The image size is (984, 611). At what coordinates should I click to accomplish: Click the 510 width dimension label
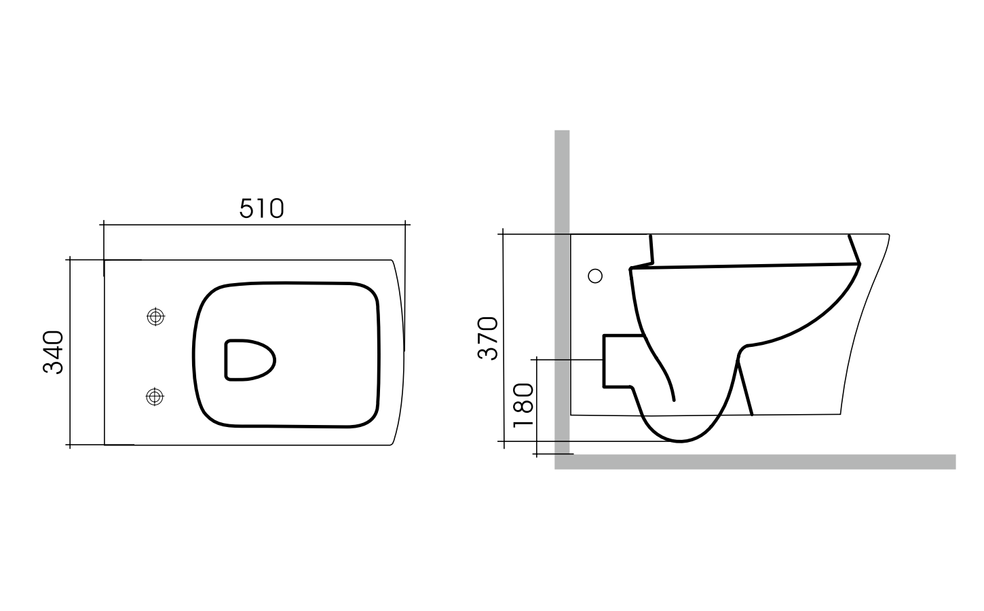pyautogui.click(x=261, y=208)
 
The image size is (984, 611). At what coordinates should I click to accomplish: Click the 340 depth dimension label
pyautogui.click(x=54, y=352)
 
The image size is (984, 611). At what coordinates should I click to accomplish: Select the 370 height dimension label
pyautogui.click(x=488, y=337)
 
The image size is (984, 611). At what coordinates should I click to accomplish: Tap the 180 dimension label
pyautogui.click(x=523, y=405)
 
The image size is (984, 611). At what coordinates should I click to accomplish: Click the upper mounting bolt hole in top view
pyautogui.click(x=156, y=316)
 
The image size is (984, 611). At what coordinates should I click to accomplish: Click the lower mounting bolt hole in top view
pyautogui.click(x=155, y=396)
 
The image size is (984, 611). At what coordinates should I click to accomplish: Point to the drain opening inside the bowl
pyautogui.click(x=249, y=359)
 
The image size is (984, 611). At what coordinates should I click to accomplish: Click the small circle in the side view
pyautogui.click(x=594, y=275)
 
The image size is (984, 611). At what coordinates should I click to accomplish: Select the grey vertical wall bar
pyautogui.click(x=562, y=292)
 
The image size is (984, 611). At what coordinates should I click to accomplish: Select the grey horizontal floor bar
pyautogui.click(x=753, y=462)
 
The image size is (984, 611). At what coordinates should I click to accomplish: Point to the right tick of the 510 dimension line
pyautogui.click(x=405, y=223)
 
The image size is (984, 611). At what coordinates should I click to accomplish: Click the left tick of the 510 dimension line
pyautogui.click(x=103, y=223)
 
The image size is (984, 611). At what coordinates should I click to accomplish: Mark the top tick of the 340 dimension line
pyautogui.click(x=70, y=259)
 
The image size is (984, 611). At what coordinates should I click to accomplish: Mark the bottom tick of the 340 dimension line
pyautogui.click(x=70, y=445)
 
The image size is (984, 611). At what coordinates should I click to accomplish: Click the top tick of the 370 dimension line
pyautogui.click(x=503, y=234)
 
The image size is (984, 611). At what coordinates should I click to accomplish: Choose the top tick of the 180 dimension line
pyautogui.click(x=536, y=358)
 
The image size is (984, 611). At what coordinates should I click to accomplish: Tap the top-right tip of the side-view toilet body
pyautogui.click(x=888, y=235)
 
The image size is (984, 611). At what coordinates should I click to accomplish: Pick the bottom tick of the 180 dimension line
pyautogui.click(x=536, y=453)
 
